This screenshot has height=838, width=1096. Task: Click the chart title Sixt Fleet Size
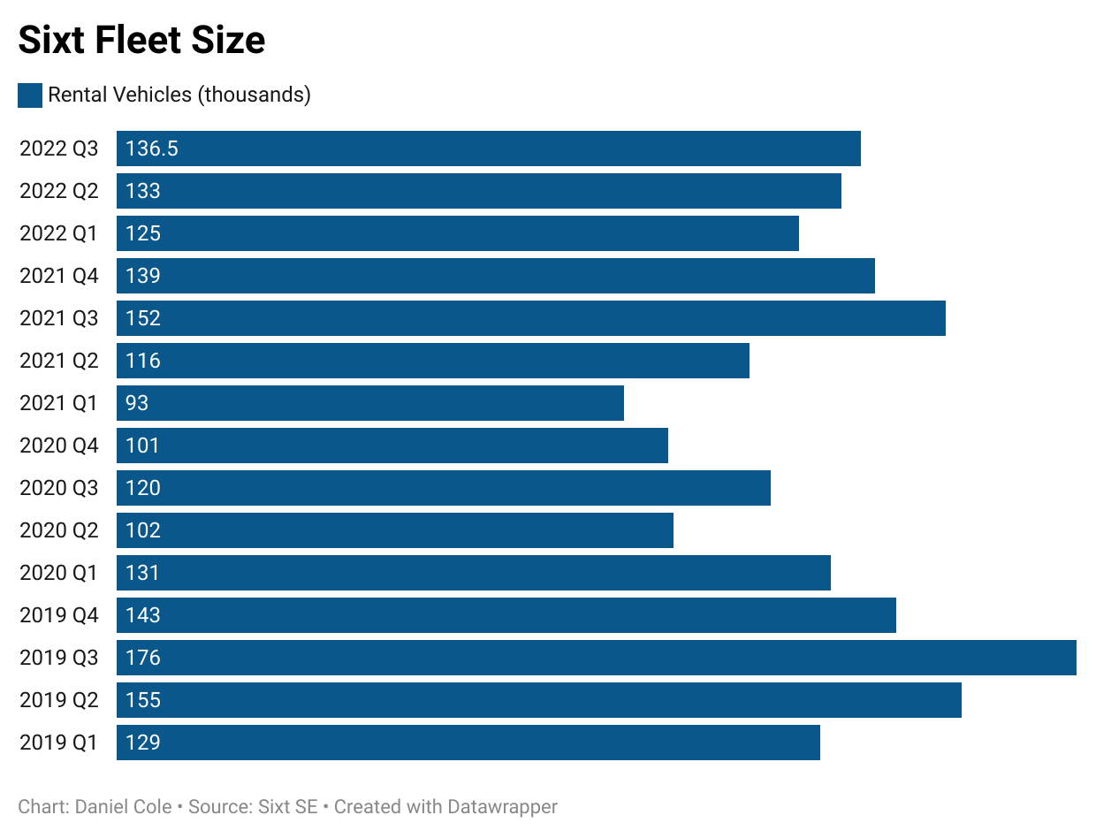pos(141,41)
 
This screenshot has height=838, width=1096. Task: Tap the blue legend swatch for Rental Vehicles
pos(30,95)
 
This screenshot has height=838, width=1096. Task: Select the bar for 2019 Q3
pos(596,658)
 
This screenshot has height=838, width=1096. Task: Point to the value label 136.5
pos(152,149)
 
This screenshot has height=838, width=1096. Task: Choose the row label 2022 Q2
pos(59,191)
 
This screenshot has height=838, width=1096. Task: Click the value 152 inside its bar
pos(143,318)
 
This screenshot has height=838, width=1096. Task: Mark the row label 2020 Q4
pos(59,446)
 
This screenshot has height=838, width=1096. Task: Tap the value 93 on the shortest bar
pos(137,403)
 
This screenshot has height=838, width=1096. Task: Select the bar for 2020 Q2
pos(394,530)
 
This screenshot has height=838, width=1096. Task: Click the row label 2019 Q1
pos(59,743)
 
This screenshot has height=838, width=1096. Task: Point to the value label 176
pos(143,658)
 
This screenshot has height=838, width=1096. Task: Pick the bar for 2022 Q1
pos(457,233)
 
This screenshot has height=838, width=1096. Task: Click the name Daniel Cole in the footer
pos(124,806)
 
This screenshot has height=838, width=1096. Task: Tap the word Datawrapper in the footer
pos(502,806)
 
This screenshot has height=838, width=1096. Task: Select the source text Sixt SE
pos(286,806)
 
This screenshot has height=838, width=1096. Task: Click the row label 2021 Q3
pos(59,318)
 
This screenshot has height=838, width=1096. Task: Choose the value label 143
pos(143,615)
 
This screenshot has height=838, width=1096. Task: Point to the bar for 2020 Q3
pos(443,488)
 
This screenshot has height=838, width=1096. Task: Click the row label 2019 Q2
pos(59,700)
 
